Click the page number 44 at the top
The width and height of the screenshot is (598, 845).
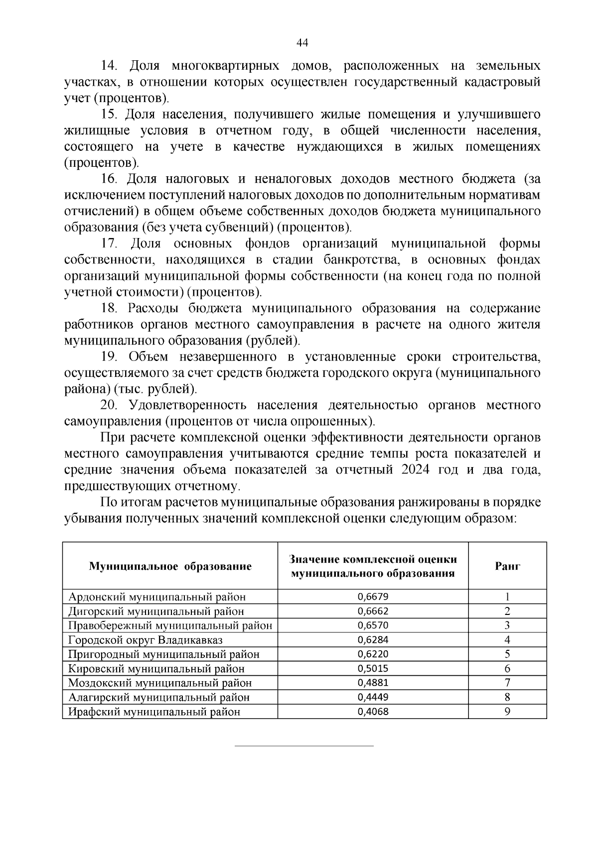302,43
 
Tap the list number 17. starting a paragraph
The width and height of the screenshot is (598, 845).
109,244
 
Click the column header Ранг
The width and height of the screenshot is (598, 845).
507,566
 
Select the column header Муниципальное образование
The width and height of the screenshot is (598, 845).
170,566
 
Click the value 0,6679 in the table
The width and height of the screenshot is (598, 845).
373,597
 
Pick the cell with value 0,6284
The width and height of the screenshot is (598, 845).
373,640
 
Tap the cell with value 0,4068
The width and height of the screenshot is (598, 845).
373,712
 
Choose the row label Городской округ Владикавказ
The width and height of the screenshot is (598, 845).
146,640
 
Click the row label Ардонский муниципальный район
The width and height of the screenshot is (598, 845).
157,597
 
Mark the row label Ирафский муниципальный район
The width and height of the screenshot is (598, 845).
154,712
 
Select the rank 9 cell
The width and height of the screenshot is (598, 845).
507,712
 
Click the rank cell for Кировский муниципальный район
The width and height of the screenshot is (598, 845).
507,669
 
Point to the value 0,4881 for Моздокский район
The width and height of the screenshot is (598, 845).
373,683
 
